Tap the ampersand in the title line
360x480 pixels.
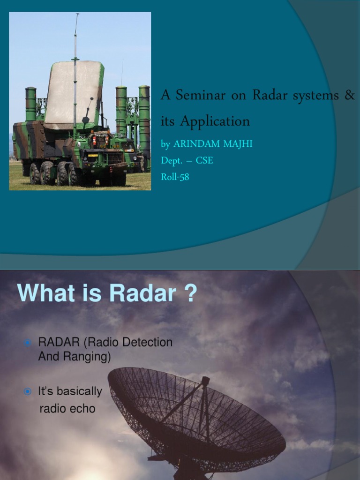tap(350, 95)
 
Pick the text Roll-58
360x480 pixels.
tap(175, 177)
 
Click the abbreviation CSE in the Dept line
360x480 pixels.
tap(204, 160)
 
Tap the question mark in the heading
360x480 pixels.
tap(190, 294)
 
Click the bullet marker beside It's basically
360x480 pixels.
tap(28, 391)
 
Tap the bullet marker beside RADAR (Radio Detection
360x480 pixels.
tap(28, 343)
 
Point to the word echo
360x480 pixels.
tap(82, 409)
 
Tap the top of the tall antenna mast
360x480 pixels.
tap(77, 15)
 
